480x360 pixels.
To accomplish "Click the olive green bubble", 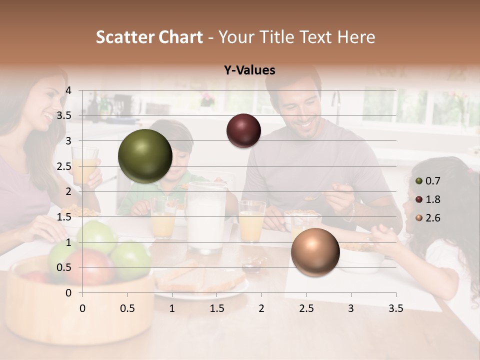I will pos(145,156).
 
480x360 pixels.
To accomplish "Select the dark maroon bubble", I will pos(243,130).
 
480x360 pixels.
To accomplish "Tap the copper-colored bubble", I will pos(315,252).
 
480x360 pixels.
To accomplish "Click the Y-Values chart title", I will pos(249,70).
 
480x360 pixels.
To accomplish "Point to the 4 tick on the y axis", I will pos(68,90).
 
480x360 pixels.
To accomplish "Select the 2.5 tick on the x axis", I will pos(306,308).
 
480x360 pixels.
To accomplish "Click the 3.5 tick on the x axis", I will pos(395,308).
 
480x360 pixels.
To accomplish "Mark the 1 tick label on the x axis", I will pos(172,308).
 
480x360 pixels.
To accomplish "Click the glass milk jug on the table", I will pos(206,217).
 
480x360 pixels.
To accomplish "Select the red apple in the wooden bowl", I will pos(90,265).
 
